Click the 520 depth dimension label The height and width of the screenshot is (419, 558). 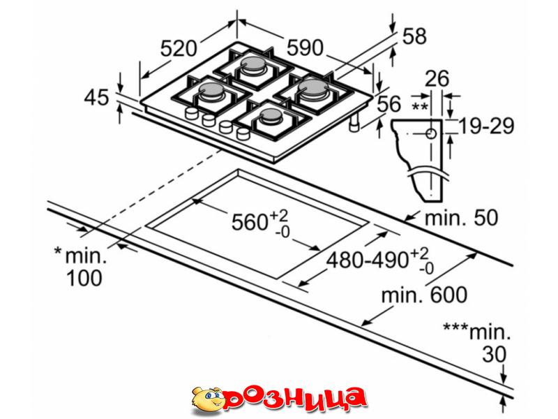[179, 48]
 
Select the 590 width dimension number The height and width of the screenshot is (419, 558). [305, 47]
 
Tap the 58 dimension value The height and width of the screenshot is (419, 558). [414, 36]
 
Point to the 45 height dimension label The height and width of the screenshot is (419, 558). [96, 97]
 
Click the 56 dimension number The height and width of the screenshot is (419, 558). [389, 103]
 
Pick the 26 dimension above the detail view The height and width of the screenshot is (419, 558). [437, 78]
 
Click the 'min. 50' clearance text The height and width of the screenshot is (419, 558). [462, 217]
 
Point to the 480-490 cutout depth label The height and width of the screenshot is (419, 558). [367, 259]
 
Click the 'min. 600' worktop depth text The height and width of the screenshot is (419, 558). [424, 295]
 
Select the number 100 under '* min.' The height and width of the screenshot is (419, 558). [84, 278]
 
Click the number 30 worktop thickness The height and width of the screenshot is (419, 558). [494, 355]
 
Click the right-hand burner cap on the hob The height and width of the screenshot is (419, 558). [312, 87]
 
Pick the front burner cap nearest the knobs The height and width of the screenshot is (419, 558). [271, 115]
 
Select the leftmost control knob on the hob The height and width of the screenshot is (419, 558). [191, 113]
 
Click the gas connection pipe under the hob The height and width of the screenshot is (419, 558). [354, 124]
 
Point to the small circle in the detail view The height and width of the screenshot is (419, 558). [431, 134]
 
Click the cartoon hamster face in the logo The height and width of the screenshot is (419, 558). [207, 400]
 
